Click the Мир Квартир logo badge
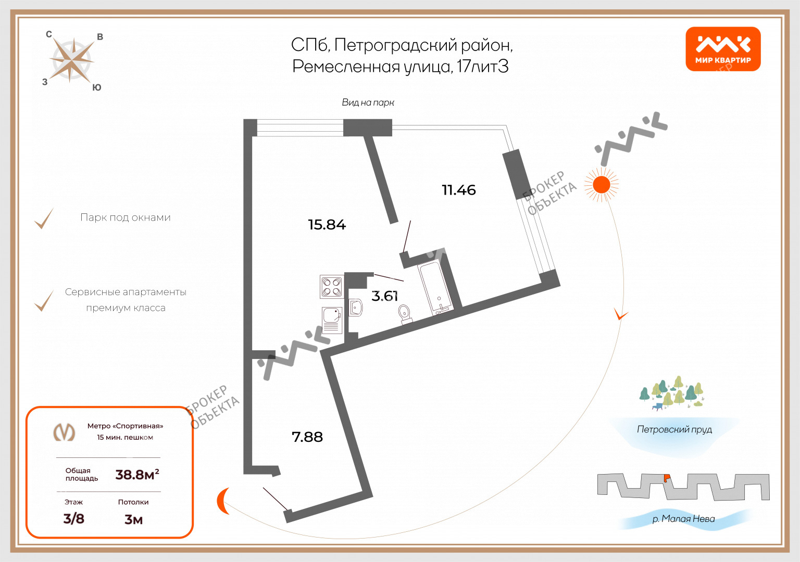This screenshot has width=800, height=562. point(723,49)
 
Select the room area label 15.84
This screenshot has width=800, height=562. point(327,225)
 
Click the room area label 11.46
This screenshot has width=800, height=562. point(458,190)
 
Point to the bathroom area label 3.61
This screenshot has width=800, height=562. point(384,296)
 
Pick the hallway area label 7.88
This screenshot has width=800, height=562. point(307,437)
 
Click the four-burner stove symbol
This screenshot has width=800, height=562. point(331,287)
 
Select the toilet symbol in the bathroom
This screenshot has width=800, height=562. point(405,313)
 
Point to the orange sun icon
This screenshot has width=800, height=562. point(602,184)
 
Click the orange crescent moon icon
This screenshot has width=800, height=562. point(223,501)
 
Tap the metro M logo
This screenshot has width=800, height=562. point(65,432)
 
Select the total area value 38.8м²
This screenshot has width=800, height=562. point(137,475)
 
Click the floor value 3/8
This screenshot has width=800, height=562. point(73,518)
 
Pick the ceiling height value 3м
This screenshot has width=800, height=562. point(133,519)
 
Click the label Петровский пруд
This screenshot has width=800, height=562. point(674,429)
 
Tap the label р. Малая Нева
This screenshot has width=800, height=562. point(683,519)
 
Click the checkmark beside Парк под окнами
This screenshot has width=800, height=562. point(44,219)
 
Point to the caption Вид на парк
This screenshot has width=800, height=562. point(368,103)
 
